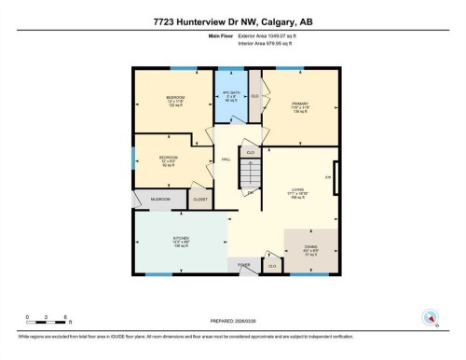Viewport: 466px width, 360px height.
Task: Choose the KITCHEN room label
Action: point(181,241)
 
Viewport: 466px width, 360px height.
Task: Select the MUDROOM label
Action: point(155,200)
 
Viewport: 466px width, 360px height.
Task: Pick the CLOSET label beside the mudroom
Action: point(199,200)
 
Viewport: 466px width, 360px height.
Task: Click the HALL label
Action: point(226,159)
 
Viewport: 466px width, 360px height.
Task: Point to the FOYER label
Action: point(244,266)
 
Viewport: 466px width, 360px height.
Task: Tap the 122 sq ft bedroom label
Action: point(172,102)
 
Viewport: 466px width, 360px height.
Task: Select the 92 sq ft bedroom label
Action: point(168,160)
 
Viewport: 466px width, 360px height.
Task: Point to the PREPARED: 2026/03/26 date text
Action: point(233,322)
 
